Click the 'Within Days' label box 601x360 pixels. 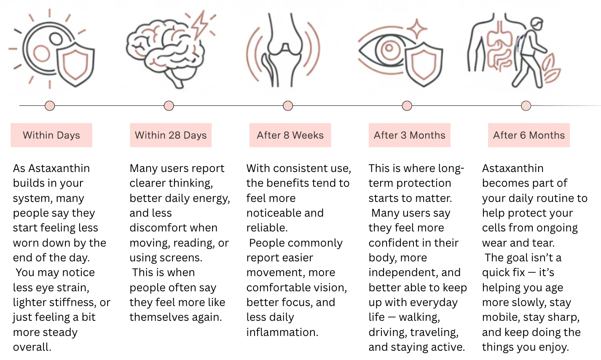point(51,135)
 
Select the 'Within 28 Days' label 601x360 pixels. point(171,135)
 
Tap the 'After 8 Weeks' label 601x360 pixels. point(290,135)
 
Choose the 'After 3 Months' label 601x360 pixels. point(409,135)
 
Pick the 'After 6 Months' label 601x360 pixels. point(529,135)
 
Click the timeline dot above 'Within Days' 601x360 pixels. point(50,105)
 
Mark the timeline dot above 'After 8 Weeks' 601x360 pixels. point(288,105)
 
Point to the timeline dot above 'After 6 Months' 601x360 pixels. point(526,105)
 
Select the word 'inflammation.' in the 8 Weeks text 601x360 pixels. point(282,332)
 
